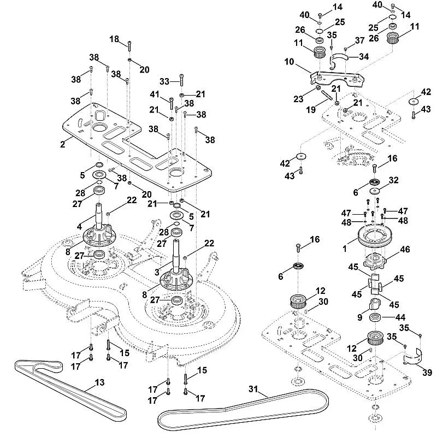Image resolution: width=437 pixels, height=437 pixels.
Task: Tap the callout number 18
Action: click(x=114, y=39)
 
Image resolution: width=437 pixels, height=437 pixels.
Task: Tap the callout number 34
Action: click(x=363, y=56)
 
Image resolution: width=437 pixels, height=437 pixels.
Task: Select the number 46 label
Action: click(x=405, y=249)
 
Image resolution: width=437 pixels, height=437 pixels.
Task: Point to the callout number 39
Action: click(x=427, y=373)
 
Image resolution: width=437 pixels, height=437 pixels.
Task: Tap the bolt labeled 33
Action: click(x=180, y=82)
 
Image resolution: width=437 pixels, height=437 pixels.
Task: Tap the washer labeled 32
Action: click(x=375, y=191)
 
